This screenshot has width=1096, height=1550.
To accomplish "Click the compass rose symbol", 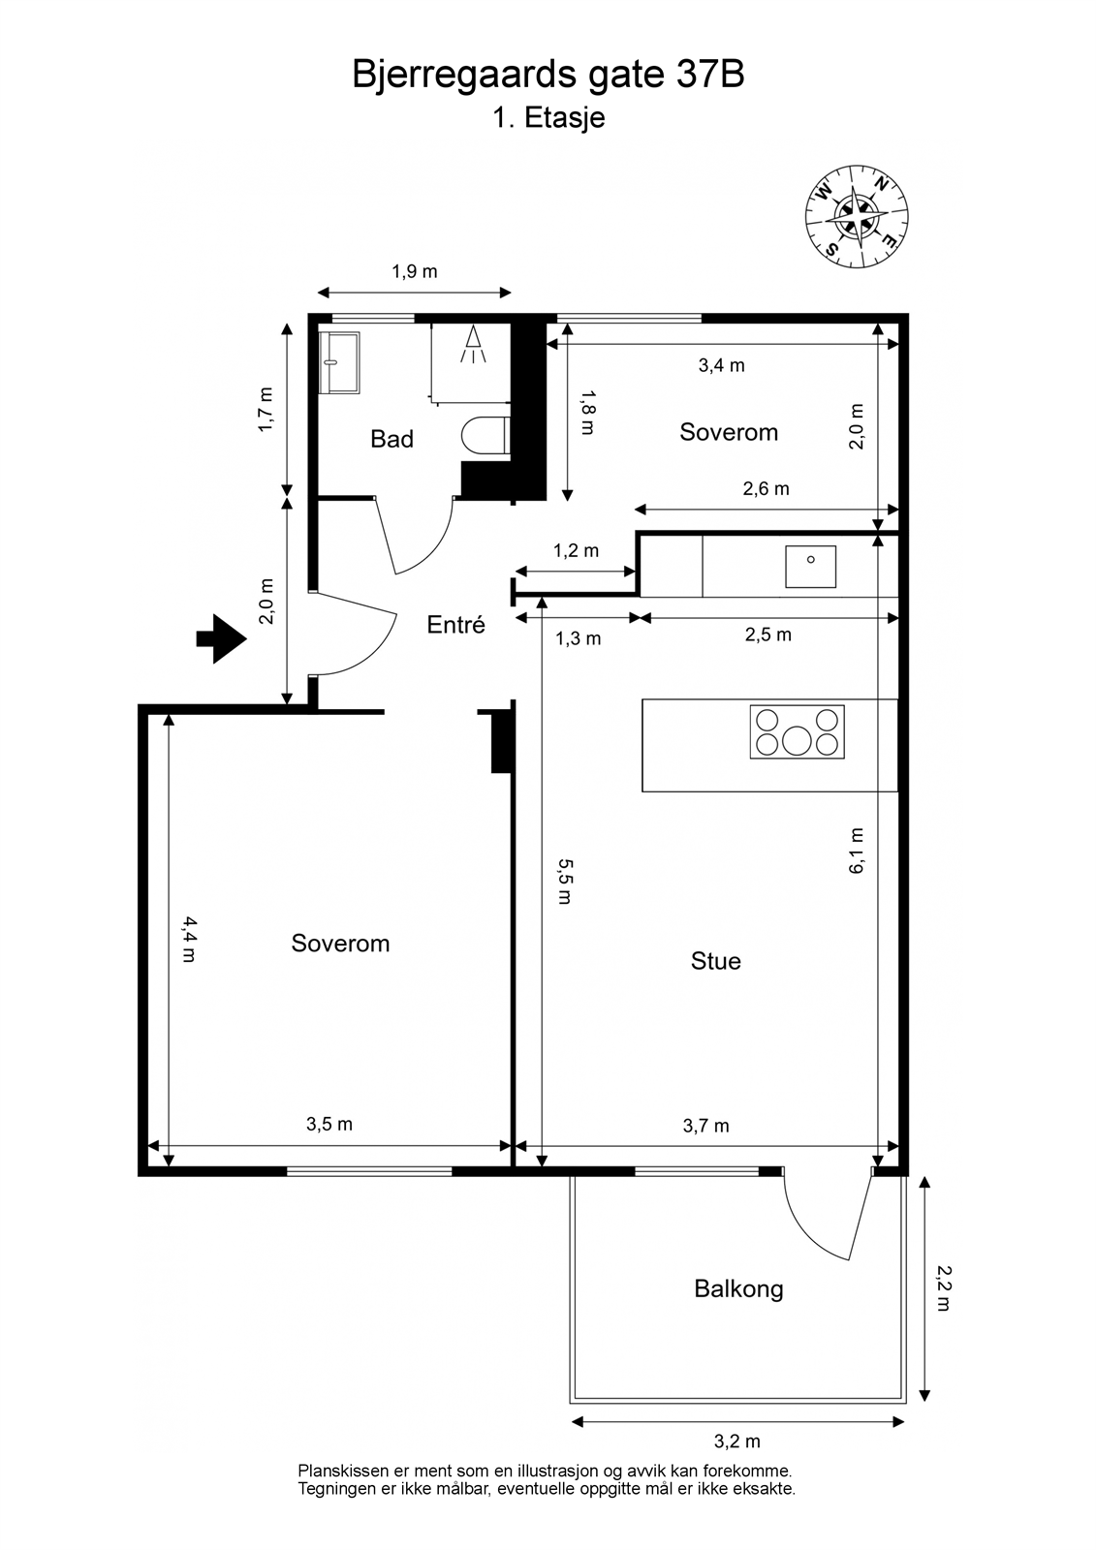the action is [x=857, y=216].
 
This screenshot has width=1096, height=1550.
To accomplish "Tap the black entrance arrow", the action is [x=222, y=638].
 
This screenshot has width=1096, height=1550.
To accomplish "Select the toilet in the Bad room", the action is [x=485, y=436].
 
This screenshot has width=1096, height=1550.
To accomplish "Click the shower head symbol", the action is [x=473, y=344].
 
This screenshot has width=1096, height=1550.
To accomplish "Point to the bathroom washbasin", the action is [x=339, y=362].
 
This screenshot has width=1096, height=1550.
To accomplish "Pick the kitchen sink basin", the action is [x=810, y=566].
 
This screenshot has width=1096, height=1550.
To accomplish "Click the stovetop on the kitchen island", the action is [x=797, y=731].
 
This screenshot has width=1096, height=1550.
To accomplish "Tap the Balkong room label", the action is [x=738, y=1288].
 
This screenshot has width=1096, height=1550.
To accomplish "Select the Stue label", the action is [x=716, y=961].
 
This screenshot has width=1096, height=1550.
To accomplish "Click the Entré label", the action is [x=455, y=624].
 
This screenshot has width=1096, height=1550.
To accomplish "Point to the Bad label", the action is [x=391, y=439].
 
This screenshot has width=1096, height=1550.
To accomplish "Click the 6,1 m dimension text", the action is [x=857, y=852].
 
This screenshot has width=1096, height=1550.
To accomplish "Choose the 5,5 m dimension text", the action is [x=565, y=882].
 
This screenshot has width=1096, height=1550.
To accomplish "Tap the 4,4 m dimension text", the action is [x=189, y=939].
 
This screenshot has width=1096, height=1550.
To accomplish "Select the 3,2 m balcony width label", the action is [x=737, y=1441].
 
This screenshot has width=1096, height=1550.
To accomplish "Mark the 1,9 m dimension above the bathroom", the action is [x=415, y=271].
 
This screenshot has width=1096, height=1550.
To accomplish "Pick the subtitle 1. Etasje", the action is [x=548, y=117].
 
